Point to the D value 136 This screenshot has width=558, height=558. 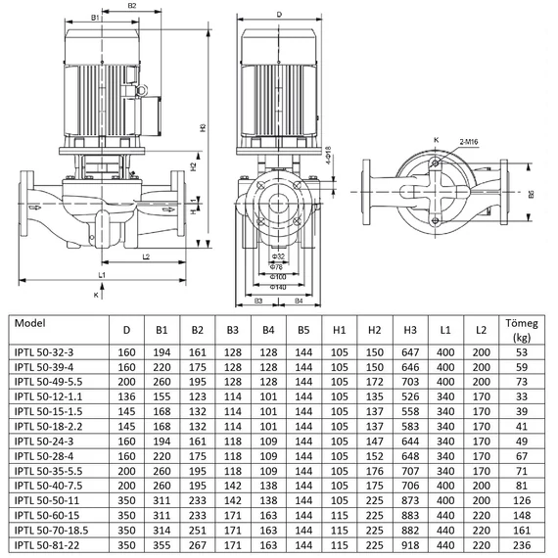coord(126,395)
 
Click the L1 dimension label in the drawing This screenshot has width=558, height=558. coord(102,275)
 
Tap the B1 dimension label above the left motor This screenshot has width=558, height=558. coord(95,18)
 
